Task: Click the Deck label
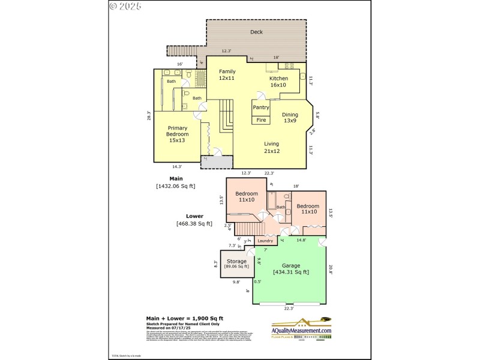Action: (257, 32)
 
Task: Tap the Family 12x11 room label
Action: (227, 74)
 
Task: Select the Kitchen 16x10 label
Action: (278, 82)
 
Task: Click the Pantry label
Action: (260, 107)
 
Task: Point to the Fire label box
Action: (261, 120)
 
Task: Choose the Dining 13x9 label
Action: (290, 117)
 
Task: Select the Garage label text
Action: (291, 265)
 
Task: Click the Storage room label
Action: (236, 262)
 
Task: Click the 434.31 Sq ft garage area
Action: (291, 272)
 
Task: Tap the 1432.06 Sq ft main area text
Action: (176, 186)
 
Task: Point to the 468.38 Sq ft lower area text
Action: (194, 224)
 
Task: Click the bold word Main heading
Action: (176, 178)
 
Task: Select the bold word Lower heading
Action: (194, 216)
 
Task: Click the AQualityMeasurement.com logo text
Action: (301, 331)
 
